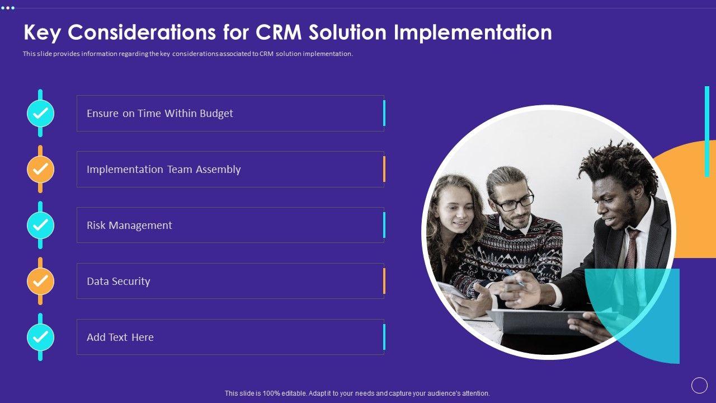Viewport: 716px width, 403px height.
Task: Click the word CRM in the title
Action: [x=279, y=32]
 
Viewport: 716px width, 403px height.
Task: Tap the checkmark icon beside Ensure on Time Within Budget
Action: [x=41, y=113]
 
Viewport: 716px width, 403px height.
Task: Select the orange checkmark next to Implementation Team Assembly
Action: [x=41, y=169]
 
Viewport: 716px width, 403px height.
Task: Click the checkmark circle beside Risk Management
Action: [x=41, y=225]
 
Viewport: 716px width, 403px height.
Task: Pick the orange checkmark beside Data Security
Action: [x=41, y=281]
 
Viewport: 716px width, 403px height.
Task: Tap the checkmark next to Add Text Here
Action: [x=41, y=337]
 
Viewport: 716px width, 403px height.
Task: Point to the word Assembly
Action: [x=218, y=170]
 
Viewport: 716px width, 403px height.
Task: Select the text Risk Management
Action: [x=129, y=226]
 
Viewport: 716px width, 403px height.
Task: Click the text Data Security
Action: [x=118, y=282]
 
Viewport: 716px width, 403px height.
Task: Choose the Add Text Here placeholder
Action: [x=120, y=338]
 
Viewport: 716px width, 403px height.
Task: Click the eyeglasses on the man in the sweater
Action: [x=515, y=201]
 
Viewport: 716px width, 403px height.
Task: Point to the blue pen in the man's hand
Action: [x=514, y=277]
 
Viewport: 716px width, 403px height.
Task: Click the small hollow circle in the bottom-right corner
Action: [x=699, y=385]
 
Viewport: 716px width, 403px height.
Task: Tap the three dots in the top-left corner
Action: [x=8, y=8]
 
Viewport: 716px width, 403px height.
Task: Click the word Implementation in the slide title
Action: [x=473, y=32]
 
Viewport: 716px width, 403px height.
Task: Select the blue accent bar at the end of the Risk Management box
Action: [x=384, y=225]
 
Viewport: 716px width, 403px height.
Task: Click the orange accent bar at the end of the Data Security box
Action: [x=384, y=281]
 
